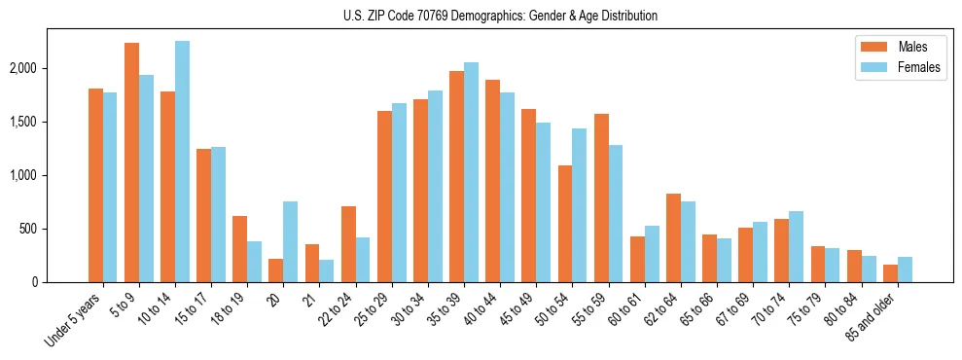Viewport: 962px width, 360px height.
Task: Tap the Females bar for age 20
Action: click(290, 242)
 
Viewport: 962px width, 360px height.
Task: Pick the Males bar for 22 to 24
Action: click(348, 244)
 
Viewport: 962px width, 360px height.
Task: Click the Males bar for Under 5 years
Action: click(95, 186)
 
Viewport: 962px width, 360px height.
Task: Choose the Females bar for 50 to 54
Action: click(579, 205)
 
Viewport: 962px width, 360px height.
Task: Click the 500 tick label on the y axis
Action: click(55, 230)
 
